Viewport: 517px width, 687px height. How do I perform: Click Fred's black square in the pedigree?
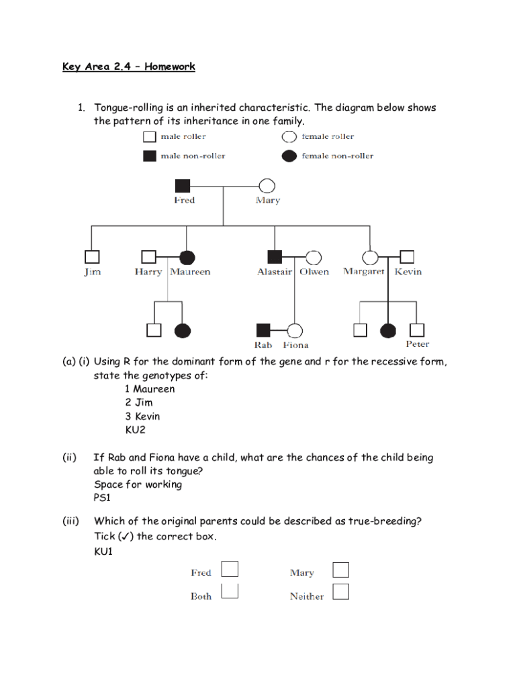pyautogui.click(x=183, y=187)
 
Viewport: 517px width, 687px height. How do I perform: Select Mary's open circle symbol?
pyautogui.click(x=267, y=187)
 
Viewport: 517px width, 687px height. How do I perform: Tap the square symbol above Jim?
pyautogui.click(x=92, y=257)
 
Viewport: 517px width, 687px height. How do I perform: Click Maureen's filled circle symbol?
pyautogui.click(x=187, y=257)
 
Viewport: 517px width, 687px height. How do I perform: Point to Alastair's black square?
pyautogui.click(x=275, y=257)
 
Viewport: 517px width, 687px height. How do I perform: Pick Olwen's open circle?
pyautogui.click(x=313, y=257)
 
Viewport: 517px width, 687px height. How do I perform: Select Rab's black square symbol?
pyautogui.click(x=263, y=330)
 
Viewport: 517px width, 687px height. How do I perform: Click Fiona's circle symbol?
pyautogui.click(x=294, y=330)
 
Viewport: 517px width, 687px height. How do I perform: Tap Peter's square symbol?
pyautogui.click(x=417, y=330)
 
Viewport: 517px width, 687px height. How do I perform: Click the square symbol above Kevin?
pyautogui.click(x=407, y=257)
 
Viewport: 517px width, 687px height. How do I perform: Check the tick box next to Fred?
pyautogui.click(x=230, y=570)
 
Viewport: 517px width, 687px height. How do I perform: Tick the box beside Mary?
pyautogui.click(x=341, y=570)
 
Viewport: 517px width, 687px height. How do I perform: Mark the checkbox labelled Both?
pyautogui.click(x=230, y=592)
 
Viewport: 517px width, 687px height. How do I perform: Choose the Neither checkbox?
pyautogui.click(x=341, y=592)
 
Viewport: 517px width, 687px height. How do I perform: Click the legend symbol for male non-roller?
pyautogui.click(x=149, y=156)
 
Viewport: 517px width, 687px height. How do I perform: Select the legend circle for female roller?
pyautogui.click(x=289, y=137)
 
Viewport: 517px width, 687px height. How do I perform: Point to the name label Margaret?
pyautogui.click(x=363, y=272)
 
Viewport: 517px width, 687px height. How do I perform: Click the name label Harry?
pyautogui.click(x=148, y=272)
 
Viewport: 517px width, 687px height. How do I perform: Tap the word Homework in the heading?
pyautogui.click(x=169, y=66)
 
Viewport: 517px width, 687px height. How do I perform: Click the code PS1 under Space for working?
pyautogui.click(x=102, y=498)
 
